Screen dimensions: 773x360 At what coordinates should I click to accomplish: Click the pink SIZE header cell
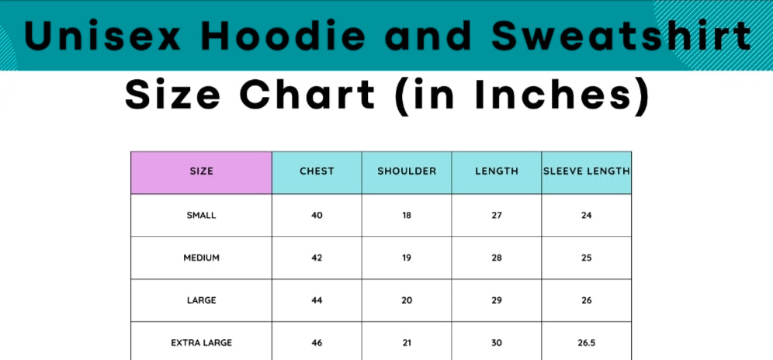[x=201, y=172]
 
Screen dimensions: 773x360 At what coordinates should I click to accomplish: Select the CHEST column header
[x=317, y=172]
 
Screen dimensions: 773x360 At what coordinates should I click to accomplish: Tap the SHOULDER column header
[x=407, y=172]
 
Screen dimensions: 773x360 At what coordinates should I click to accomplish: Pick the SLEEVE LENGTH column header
[x=586, y=172]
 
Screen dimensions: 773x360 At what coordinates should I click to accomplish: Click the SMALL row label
[x=201, y=216]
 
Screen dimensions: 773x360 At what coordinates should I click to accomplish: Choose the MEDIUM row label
[x=201, y=258]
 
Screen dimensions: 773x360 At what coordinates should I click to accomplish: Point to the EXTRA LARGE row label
[x=201, y=343]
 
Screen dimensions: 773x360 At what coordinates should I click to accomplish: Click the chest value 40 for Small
[x=317, y=216]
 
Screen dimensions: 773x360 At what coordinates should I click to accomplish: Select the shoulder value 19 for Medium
[x=407, y=258]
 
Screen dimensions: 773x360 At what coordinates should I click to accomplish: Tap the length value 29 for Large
[x=497, y=300]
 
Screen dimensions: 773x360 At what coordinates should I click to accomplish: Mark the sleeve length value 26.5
[x=586, y=343]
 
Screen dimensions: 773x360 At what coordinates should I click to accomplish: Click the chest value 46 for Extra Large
[x=317, y=343]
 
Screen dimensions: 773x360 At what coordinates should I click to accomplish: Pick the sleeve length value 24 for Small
[x=586, y=216]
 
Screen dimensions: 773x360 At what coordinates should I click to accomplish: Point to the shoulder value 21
[x=407, y=343]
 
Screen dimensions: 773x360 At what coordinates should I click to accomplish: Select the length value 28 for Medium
[x=497, y=258]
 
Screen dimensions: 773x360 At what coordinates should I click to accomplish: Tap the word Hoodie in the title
[x=283, y=36]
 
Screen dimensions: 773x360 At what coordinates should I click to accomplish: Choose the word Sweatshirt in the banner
[x=621, y=36]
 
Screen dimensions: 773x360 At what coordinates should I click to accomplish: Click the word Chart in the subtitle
[x=307, y=94]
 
